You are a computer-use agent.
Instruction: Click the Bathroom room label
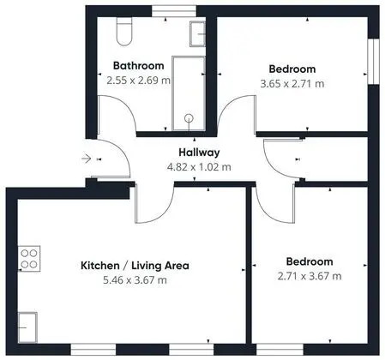pos(139,65)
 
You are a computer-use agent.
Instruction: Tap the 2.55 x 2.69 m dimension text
pos(139,81)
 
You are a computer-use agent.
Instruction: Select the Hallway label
pos(199,153)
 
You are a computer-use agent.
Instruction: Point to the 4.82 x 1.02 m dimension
pos(199,167)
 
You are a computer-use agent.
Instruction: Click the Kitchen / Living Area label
pos(135,266)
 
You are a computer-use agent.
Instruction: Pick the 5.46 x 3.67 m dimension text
pos(135,280)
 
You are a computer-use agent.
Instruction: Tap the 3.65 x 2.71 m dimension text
pos(292,84)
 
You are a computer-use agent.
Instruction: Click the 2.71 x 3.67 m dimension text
pos(310,276)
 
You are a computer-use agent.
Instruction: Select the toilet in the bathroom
pos(124,31)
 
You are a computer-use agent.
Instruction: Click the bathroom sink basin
pos(197,34)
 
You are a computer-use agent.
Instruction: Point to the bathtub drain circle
pos(189,118)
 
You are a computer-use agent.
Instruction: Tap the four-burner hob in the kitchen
pos(29,259)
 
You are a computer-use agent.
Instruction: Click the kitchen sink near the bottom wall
pos(27,327)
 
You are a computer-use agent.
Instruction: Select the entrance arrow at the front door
pos(87,158)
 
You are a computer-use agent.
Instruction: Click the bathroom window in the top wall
pos(174,11)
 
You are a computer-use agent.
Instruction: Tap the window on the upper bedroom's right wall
pos(374,62)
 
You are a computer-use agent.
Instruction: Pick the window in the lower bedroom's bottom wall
pos(280,350)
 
